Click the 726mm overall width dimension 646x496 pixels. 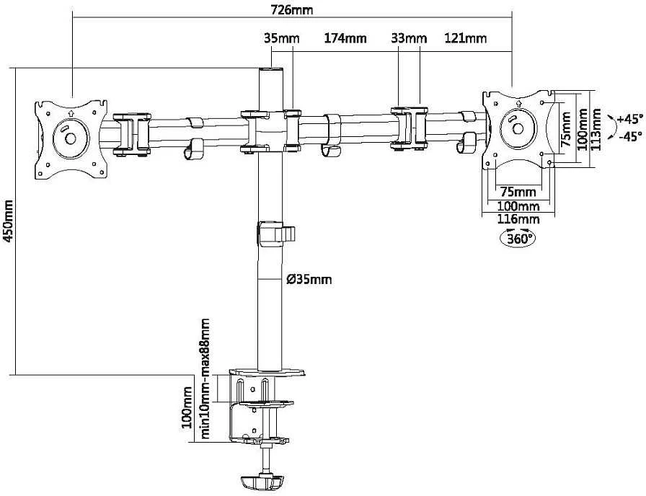pyautogui.click(x=292, y=9)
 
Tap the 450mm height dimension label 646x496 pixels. pyautogui.click(x=8, y=221)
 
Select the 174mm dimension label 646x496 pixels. pyautogui.click(x=345, y=38)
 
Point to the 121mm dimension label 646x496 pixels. pyautogui.click(x=466, y=38)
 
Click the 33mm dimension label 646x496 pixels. pyautogui.click(x=409, y=39)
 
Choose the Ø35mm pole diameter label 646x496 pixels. pyautogui.click(x=309, y=280)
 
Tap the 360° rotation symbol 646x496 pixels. pyautogui.click(x=518, y=238)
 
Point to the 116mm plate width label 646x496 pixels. pyautogui.click(x=518, y=218)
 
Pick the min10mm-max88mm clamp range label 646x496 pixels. pyautogui.click(x=204, y=378)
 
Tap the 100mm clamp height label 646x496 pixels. pyautogui.click(x=187, y=408)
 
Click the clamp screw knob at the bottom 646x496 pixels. pyautogui.click(x=261, y=482)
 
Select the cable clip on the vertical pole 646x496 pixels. pyautogui.click(x=275, y=234)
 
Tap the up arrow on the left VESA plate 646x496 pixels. pyautogui.click(x=71, y=112)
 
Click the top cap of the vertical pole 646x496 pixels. pyautogui.click(x=271, y=70)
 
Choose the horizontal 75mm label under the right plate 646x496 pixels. pyautogui.click(x=518, y=192)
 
